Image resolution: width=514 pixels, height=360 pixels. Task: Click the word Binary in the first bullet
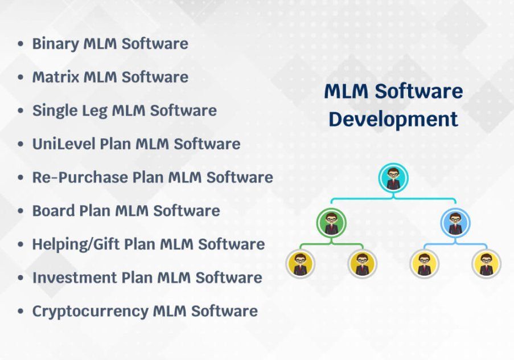pos(55,44)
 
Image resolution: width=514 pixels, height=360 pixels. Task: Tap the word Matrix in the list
pos(56,77)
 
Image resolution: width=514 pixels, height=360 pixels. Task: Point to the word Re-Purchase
pos(80,177)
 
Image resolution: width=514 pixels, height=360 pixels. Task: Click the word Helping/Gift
pos(75,244)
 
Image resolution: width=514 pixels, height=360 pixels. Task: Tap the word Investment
pos(75,277)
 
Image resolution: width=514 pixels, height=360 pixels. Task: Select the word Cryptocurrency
pos(90,312)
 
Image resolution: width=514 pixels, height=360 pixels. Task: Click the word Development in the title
pos(393,120)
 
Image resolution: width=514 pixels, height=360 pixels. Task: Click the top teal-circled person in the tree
pos(393,178)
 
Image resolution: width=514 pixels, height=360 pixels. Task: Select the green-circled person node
pos(331,223)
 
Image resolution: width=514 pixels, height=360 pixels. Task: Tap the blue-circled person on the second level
pos(455,223)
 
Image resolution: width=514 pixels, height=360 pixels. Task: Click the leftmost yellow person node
pos(301,264)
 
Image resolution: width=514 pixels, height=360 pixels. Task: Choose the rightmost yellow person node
pos(487,264)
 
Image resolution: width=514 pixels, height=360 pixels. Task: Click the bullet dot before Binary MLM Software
pos(20,44)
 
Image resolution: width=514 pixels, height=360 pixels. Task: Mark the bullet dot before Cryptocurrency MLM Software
pos(20,311)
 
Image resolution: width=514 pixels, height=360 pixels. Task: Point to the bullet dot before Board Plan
pos(20,211)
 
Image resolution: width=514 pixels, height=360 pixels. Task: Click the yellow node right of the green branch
pos(362,264)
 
